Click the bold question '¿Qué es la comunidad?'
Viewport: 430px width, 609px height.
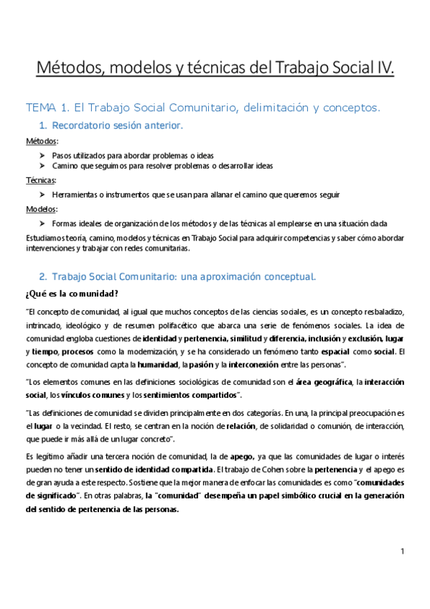tap(73, 294)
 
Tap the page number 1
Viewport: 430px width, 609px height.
tap(403, 552)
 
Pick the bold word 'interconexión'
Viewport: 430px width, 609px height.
tap(256, 364)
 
